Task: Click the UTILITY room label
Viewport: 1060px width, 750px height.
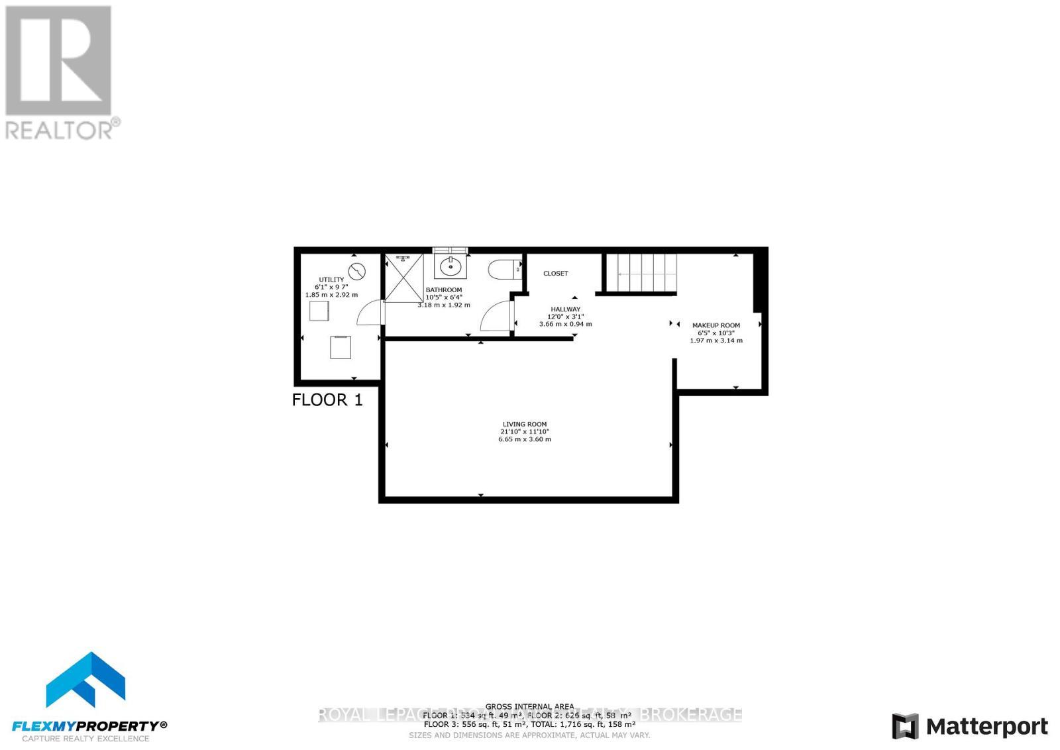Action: (331, 280)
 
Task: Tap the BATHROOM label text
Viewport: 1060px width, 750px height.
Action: (444, 290)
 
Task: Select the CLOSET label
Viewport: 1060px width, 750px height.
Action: (555, 273)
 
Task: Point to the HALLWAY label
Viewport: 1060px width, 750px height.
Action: (565, 309)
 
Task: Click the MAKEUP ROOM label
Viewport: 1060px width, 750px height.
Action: (715, 325)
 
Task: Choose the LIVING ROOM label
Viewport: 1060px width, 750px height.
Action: (524, 424)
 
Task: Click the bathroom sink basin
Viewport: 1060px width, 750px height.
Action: (451, 267)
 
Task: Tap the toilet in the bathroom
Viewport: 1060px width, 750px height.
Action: (502, 270)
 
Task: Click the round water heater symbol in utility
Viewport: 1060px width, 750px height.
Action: (357, 272)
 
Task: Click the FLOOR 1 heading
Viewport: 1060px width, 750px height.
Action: (327, 400)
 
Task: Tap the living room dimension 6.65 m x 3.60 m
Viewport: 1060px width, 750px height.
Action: (524, 439)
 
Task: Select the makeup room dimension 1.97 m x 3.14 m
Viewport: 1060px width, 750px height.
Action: (715, 341)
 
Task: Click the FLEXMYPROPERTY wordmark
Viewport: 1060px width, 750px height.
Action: (90, 725)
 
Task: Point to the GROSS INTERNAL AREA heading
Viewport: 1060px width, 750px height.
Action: (529, 707)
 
